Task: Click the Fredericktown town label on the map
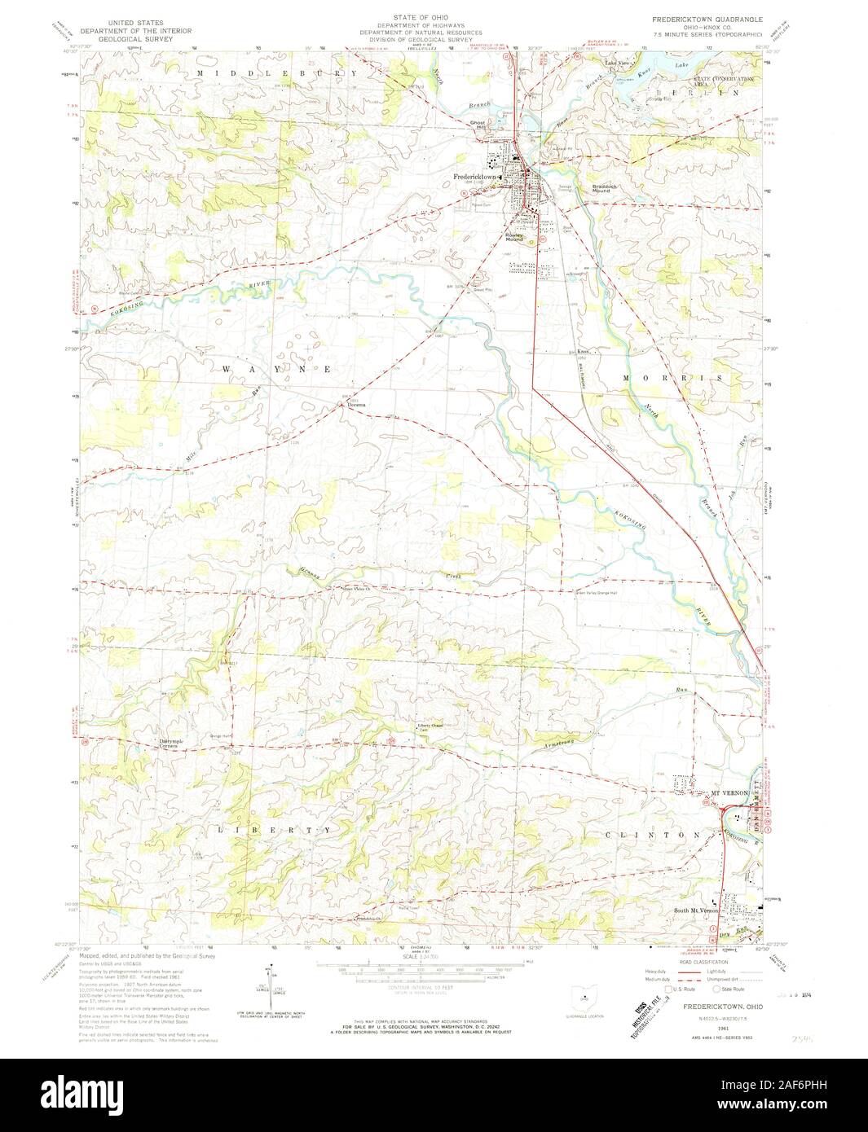click(x=475, y=177)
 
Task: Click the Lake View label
click(x=615, y=63)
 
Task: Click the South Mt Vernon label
click(x=695, y=910)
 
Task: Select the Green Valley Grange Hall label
click(x=600, y=592)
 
